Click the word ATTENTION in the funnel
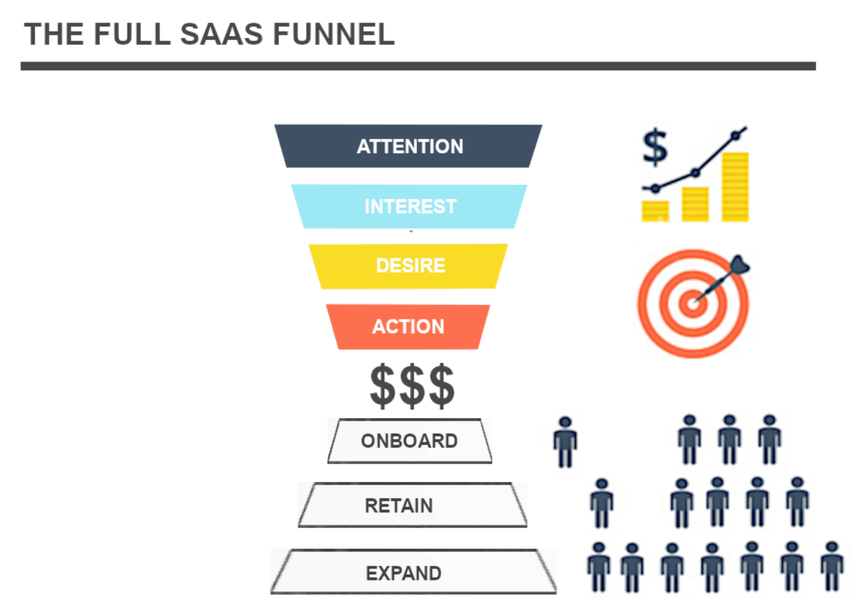point(410,147)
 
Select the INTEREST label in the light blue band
point(411,207)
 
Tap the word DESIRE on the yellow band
point(411,266)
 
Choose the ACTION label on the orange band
point(408,327)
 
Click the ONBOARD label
point(410,441)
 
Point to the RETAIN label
point(399,506)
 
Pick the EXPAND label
point(403,573)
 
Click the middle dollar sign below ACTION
point(412,386)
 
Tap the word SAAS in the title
point(221,34)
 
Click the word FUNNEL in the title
point(334,34)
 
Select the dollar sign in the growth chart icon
point(655,147)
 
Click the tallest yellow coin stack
point(735,187)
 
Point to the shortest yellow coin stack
point(655,211)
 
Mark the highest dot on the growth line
point(735,136)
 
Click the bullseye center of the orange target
point(693,304)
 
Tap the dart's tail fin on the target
point(739,265)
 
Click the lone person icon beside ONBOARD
point(566,442)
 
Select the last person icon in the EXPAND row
point(832,567)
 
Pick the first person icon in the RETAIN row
point(602,504)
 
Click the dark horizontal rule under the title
point(418,66)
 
